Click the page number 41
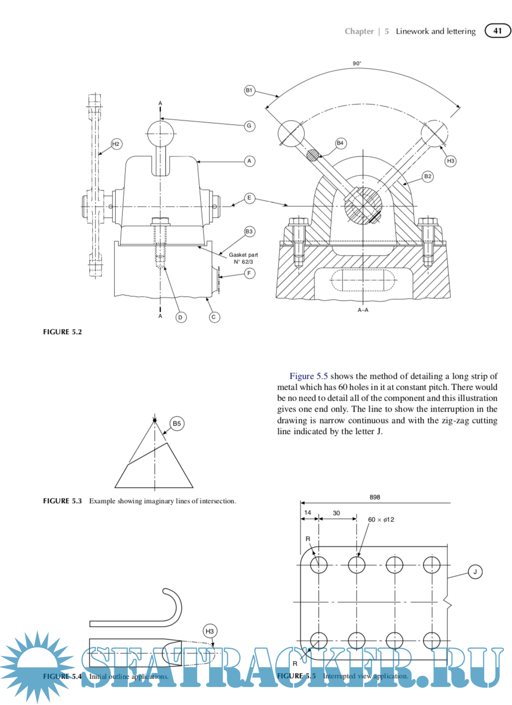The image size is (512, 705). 498,31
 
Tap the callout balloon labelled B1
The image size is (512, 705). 249,90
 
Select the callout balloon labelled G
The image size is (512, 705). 249,126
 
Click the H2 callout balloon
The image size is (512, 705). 116,144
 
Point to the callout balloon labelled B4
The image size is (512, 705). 340,143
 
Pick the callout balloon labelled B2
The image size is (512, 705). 427,176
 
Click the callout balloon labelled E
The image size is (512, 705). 249,198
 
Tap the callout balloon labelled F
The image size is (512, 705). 249,273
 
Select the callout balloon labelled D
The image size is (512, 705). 180,317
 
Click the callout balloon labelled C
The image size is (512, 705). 214,317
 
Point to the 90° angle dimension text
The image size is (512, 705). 357,64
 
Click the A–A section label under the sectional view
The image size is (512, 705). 363,310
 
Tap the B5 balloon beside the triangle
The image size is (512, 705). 176,424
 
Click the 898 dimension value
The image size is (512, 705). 375,497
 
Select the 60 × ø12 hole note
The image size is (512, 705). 381,520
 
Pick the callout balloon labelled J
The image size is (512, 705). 475,572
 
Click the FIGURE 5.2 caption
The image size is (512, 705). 62,332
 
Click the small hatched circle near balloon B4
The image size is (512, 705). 312,155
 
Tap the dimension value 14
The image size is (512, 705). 308,513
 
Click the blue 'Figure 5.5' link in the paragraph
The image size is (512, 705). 309,376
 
